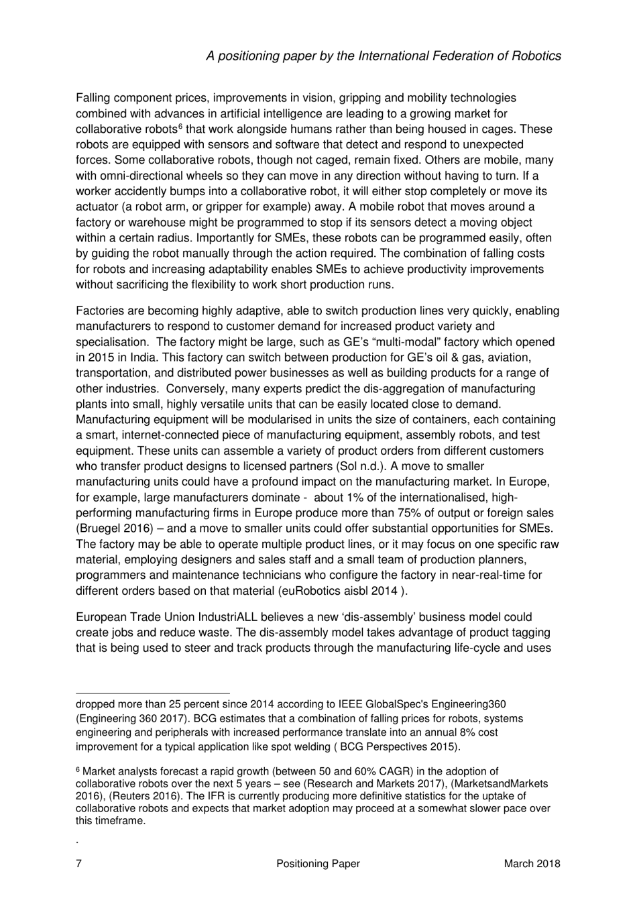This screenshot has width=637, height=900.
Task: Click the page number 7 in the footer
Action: (79, 864)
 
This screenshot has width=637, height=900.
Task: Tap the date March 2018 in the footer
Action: (532, 864)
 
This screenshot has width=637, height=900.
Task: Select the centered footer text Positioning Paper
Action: (318, 864)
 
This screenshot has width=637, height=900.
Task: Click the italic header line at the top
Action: (384, 56)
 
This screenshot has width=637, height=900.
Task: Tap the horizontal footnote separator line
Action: (153, 694)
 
